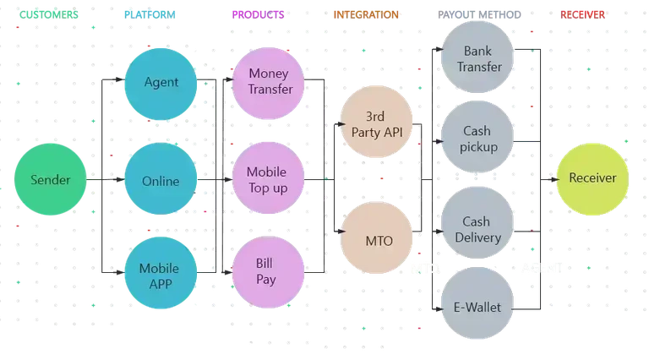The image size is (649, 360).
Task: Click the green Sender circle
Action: point(51,180)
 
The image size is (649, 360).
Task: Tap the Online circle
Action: point(161,180)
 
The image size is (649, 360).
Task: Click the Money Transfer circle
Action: point(270,81)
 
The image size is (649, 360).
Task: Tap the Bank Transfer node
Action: point(478,58)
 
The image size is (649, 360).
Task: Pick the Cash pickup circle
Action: point(477,139)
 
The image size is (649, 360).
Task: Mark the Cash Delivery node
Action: point(477,228)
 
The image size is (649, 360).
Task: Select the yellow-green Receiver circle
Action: point(592,178)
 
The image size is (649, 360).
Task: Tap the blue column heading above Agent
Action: point(150,14)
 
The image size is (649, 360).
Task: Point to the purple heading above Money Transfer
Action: point(259,14)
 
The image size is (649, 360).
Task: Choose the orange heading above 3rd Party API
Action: point(364,14)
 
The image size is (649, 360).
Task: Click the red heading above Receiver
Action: point(583,14)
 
